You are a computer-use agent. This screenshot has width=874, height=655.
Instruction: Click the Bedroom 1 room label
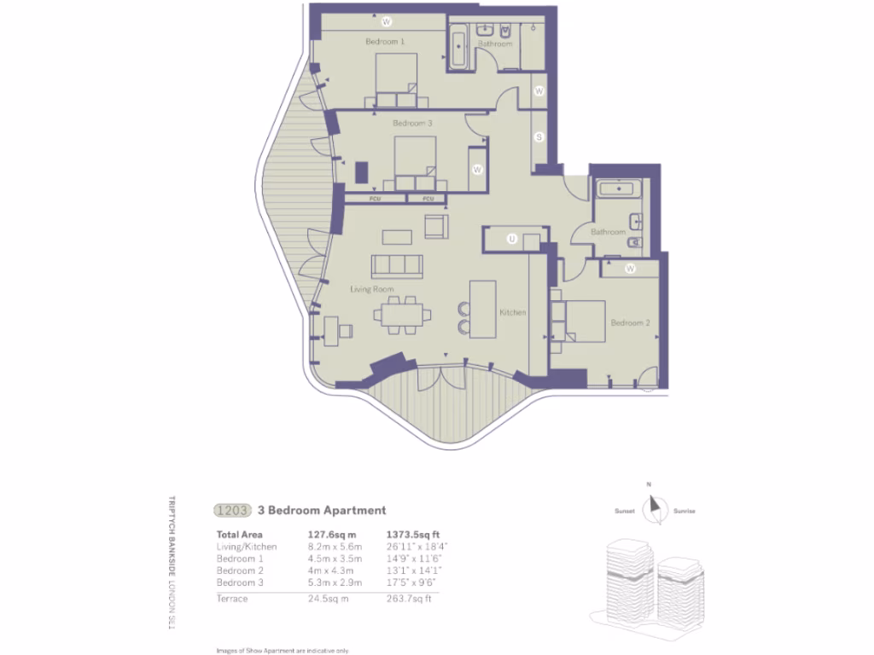[x=385, y=41]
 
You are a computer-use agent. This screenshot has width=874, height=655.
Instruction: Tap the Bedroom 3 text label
[x=412, y=123]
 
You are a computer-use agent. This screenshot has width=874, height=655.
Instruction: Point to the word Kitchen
[x=512, y=313]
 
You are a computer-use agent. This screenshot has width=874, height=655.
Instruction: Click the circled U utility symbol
[x=512, y=240]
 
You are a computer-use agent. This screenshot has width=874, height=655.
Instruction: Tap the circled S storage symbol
[x=539, y=137]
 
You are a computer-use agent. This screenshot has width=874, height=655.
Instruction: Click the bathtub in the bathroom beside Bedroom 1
[x=458, y=49]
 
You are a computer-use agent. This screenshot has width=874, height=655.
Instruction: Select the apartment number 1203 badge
[x=231, y=511]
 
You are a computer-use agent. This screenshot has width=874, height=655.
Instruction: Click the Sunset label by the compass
[x=625, y=511]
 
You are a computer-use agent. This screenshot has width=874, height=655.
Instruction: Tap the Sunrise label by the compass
[x=684, y=511]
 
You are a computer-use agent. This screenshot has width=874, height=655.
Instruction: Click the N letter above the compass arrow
[x=650, y=485]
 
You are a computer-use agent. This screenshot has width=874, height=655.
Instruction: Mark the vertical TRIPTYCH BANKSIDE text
[x=172, y=534]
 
